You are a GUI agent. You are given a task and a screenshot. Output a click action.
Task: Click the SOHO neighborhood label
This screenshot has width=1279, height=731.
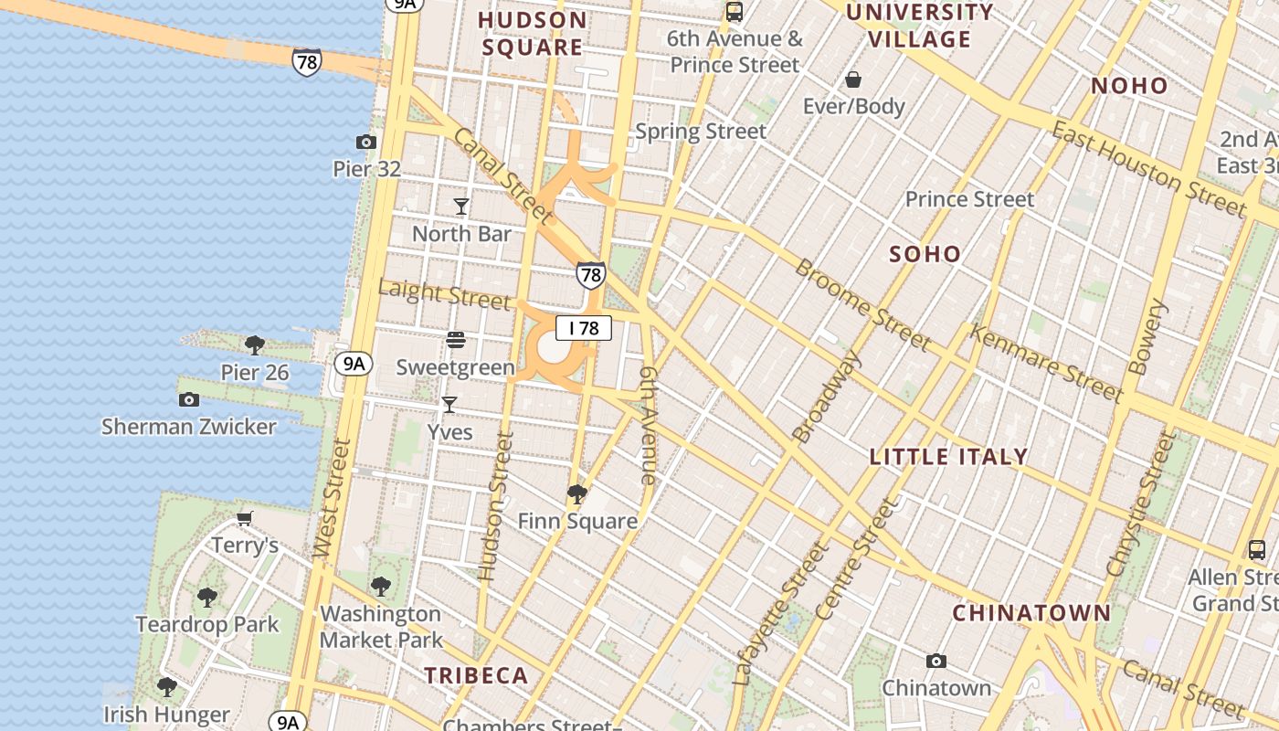[x=925, y=254]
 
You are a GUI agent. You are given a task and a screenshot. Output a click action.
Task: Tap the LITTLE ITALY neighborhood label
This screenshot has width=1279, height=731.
[x=948, y=457]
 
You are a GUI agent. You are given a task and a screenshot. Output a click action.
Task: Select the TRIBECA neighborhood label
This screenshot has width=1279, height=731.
[x=476, y=675]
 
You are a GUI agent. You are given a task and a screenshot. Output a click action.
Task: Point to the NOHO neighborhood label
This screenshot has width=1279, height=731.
[x=1129, y=86]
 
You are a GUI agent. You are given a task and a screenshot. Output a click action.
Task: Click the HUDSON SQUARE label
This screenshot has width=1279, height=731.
[x=533, y=34]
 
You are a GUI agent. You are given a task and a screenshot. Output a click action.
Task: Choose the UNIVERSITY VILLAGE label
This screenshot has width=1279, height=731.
[x=919, y=26]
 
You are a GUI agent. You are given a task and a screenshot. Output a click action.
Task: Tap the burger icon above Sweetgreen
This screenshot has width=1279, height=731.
[x=456, y=341]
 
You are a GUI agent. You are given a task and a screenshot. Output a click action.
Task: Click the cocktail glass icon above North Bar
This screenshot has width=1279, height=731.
[x=461, y=207]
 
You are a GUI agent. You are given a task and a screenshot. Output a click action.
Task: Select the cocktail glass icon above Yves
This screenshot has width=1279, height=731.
[x=449, y=405]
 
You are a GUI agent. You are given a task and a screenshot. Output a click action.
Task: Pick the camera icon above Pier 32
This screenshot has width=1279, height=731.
[x=366, y=142]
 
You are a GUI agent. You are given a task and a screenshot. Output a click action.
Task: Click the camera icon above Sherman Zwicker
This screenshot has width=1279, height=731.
[x=189, y=399]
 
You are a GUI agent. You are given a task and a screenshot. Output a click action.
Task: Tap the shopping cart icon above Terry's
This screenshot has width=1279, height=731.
[x=244, y=519]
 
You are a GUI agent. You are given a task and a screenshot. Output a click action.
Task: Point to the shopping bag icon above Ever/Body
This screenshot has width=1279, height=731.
[x=853, y=79]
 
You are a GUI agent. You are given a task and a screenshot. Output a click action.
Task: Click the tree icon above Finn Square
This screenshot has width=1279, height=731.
[x=576, y=494]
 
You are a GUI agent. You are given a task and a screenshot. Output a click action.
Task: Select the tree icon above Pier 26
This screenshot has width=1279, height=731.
[x=255, y=344]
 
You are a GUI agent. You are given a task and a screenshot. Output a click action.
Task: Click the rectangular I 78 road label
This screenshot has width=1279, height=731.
[x=583, y=328]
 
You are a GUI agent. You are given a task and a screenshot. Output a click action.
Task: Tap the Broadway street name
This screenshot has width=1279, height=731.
[x=827, y=397]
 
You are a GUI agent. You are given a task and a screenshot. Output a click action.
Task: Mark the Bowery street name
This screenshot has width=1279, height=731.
[x=1148, y=337]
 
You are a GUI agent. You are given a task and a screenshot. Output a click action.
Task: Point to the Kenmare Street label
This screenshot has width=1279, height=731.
[x=1046, y=364]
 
